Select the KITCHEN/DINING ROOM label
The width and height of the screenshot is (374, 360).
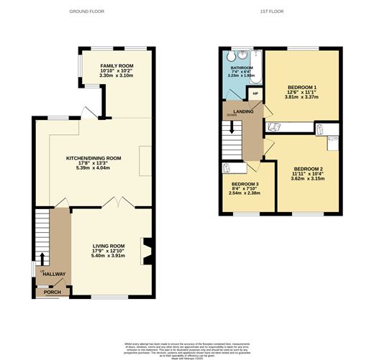(x=93, y=157)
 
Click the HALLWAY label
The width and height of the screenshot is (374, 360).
(x=53, y=274)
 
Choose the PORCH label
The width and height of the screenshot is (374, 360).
(x=53, y=292)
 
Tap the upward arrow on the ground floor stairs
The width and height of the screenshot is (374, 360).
(x=42, y=259)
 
